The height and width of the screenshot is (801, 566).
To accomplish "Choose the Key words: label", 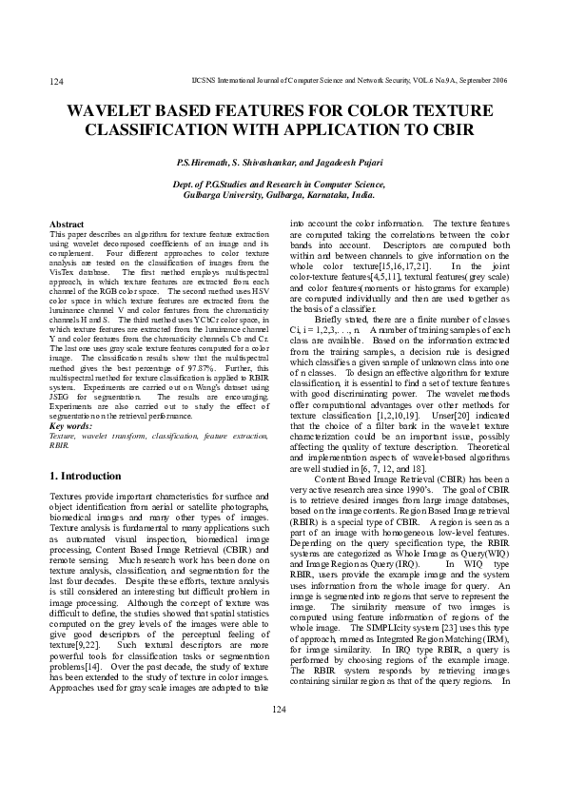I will (70, 426).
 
